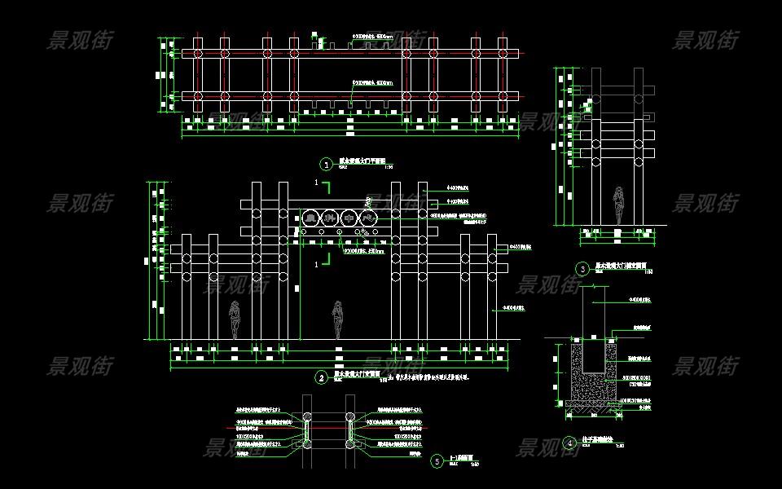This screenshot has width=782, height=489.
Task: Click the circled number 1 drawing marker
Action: pyautogui.click(x=327, y=164)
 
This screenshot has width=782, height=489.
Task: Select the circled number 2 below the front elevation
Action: pyautogui.click(x=322, y=378)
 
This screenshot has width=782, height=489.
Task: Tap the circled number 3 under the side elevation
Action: pyautogui.click(x=582, y=268)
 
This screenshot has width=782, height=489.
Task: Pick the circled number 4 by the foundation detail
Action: pyautogui.click(x=569, y=443)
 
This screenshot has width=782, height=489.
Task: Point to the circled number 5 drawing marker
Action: pyautogui.click(x=437, y=460)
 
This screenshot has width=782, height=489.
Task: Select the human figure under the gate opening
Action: pyautogui.click(x=338, y=319)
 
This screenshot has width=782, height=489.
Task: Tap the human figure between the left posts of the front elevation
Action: pyautogui.click(x=235, y=319)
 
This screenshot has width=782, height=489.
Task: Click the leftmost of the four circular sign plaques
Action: pyautogui.click(x=310, y=218)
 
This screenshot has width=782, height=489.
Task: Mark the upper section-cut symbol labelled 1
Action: pyautogui.click(x=323, y=186)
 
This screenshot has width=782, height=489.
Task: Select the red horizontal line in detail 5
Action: pyautogui.click(x=326, y=427)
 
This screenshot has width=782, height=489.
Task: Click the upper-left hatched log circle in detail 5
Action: pyautogui.click(x=308, y=416)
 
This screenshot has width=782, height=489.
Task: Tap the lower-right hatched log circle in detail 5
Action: pyautogui.click(x=350, y=445)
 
